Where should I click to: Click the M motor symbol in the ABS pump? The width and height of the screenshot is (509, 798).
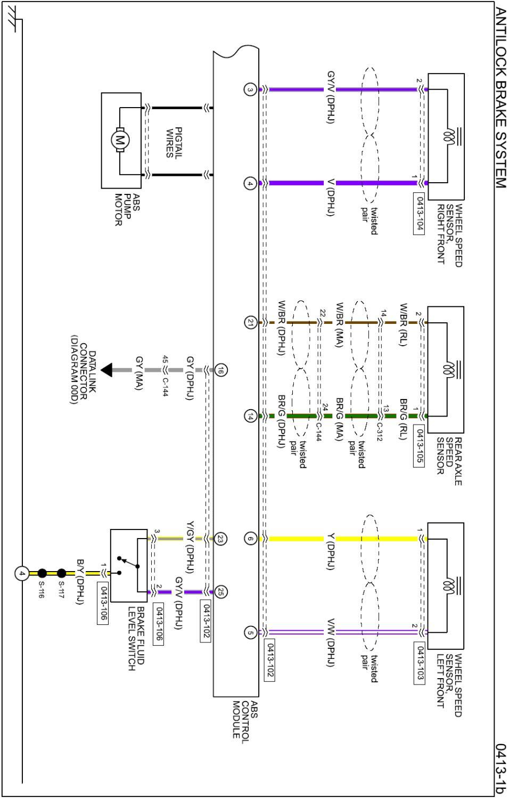pyautogui.click(x=120, y=140)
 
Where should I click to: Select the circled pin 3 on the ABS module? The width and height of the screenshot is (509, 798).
pyautogui.click(x=250, y=89)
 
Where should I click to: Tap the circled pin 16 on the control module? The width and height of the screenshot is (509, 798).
pyautogui.click(x=220, y=371)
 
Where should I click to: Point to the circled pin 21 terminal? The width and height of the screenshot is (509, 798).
pyautogui.click(x=250, y=323)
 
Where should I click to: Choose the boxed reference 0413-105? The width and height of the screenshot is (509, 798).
pyautogui.click(x=420, y=445)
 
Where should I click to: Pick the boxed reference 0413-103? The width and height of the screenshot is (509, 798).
pyautogui.click(x=420, y=663)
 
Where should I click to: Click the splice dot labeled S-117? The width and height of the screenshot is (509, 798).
pyautogui.click(x=62, y=573)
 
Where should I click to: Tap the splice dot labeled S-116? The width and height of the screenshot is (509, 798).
pyautogui.click(x=42, y=573)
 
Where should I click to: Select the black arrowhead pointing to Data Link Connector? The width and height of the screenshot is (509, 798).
pyautogui.click(x=106, y=370)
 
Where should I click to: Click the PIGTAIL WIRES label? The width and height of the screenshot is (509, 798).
pyautogui.click(x=174, y=143)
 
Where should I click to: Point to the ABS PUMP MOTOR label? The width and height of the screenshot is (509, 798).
pyautogui.click(x=127, y=209)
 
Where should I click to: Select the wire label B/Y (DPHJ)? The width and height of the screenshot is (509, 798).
pyautogui.click(x=80, y=582)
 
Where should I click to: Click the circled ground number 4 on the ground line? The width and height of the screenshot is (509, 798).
pyautogui.click(x=22, y=574)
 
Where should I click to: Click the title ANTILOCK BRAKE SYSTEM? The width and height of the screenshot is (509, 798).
pyautogui.click(x=500, y=98)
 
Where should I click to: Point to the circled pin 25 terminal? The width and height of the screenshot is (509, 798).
pyautogui.click(x=220, y=592)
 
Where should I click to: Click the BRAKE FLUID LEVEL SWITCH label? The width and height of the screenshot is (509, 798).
pyautogui.click(x=136, y=638)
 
